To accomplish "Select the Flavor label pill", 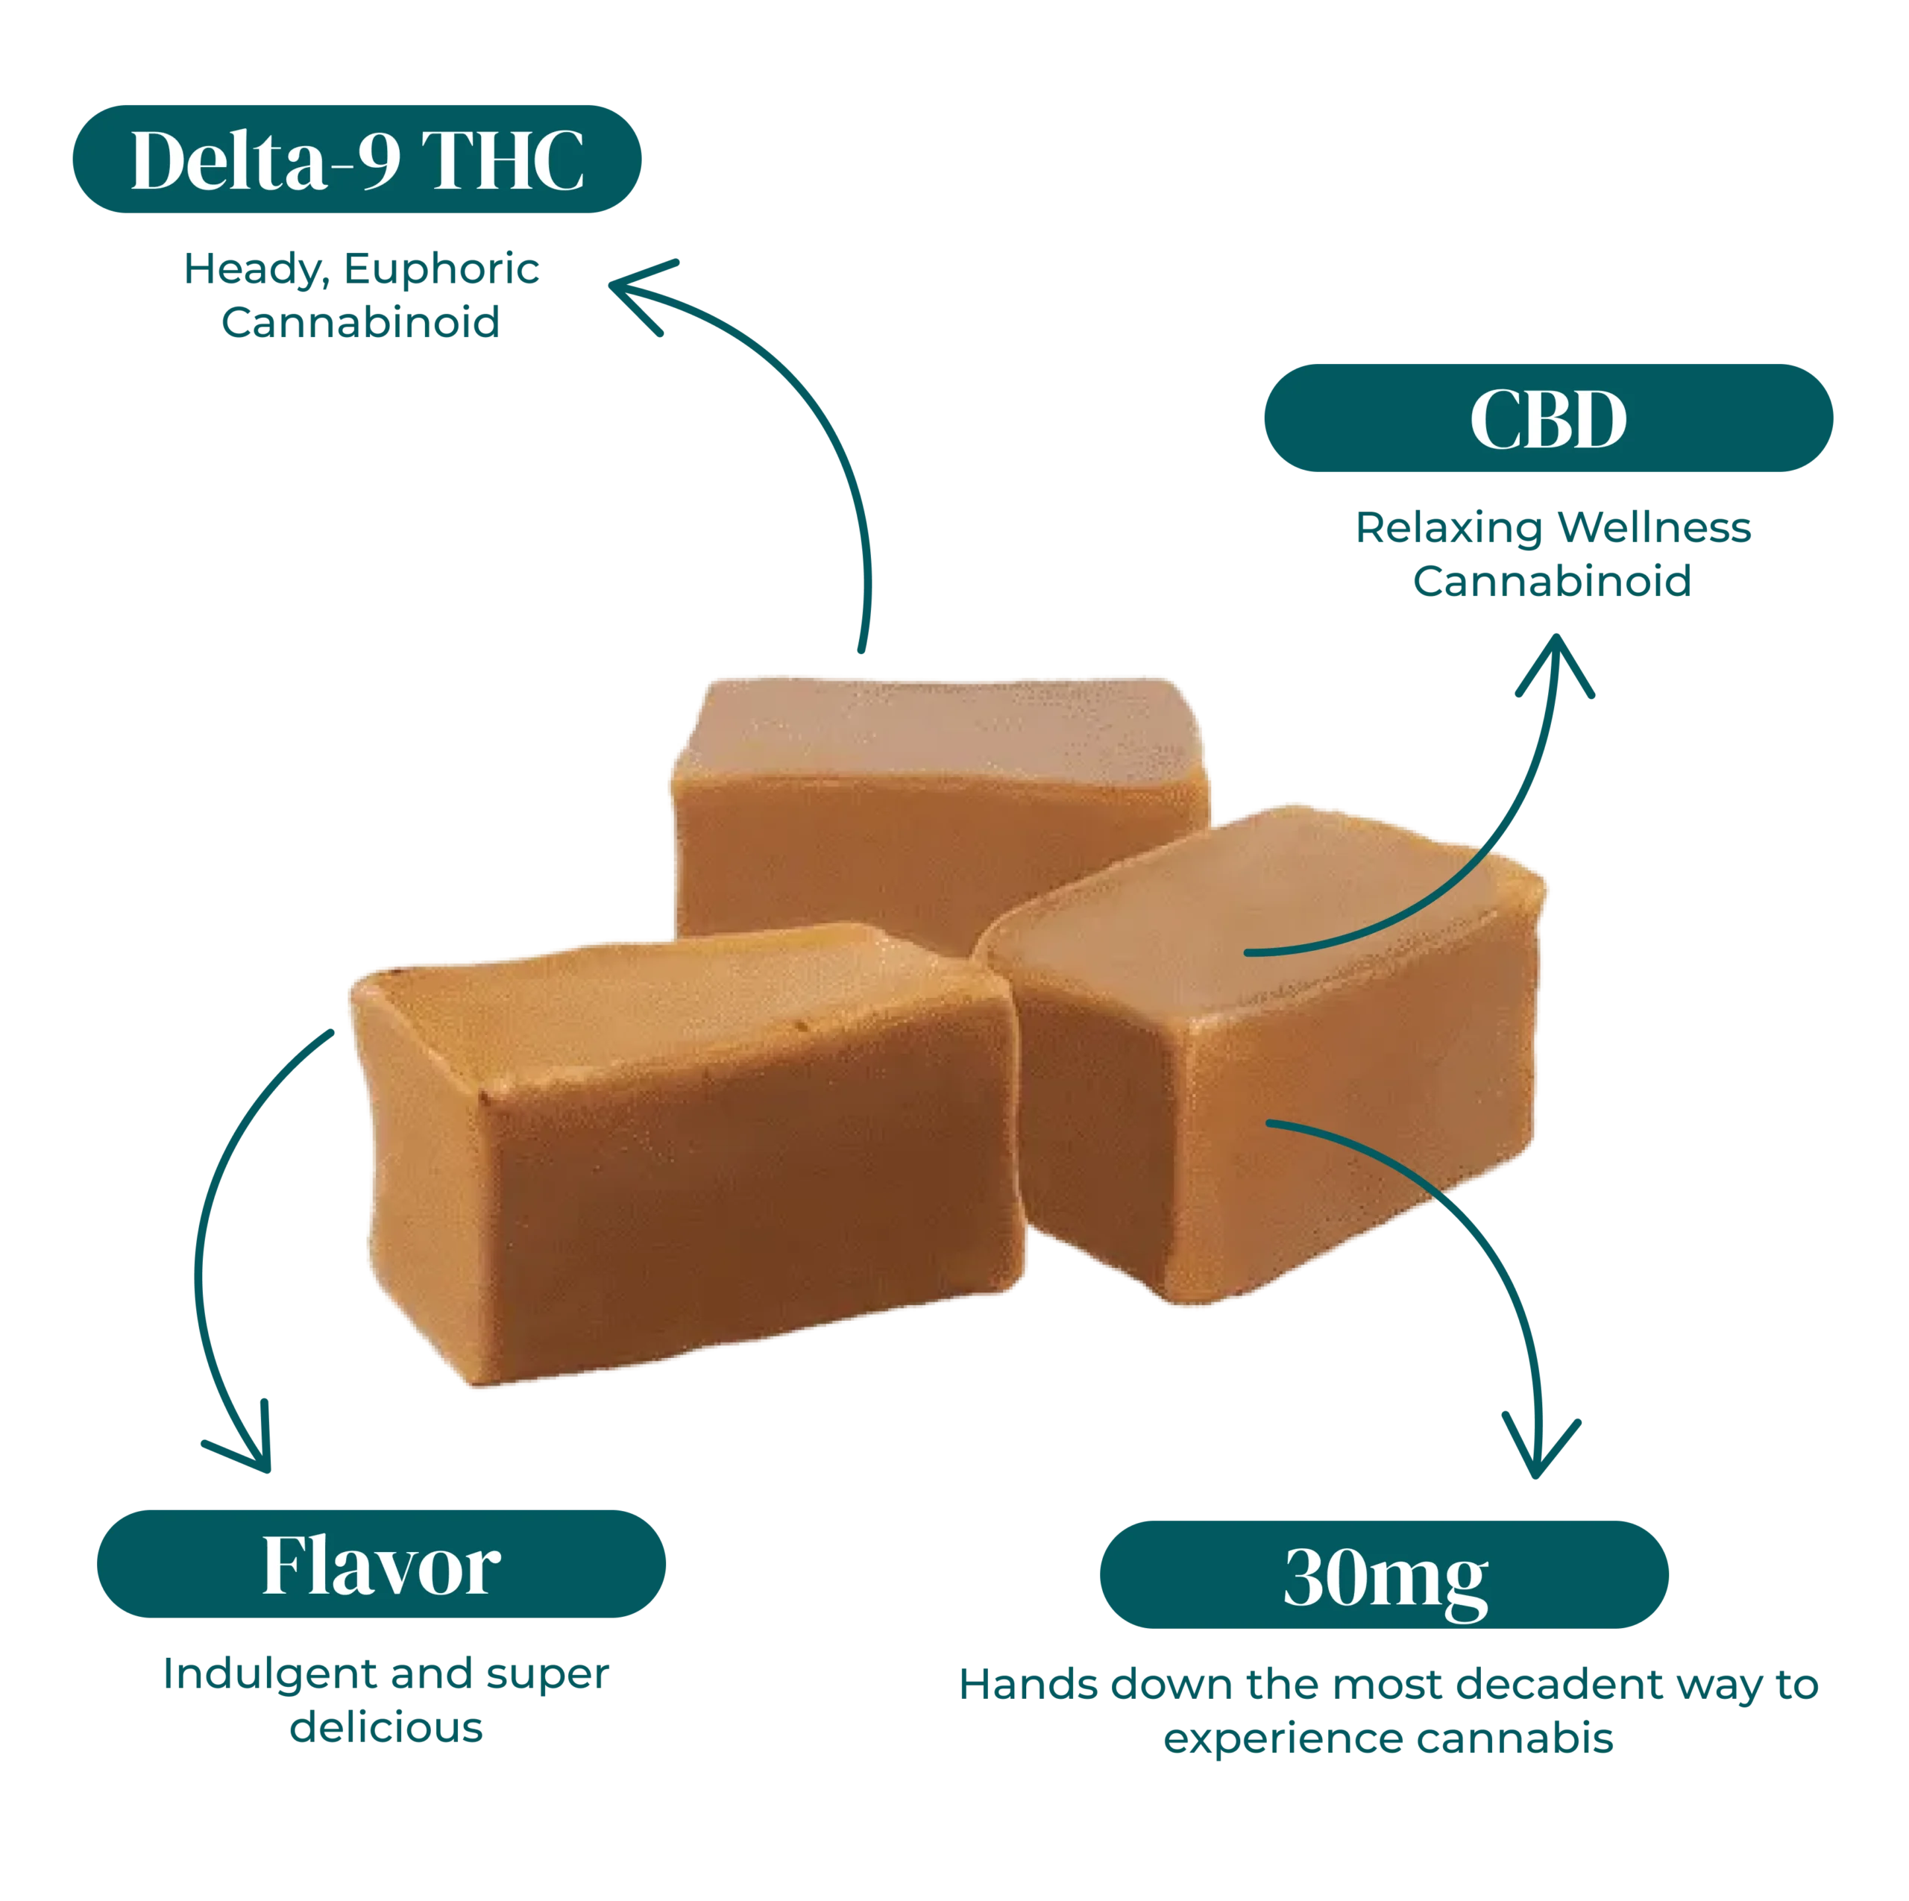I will click(x=381, y=1566).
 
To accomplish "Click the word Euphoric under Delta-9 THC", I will click(x=443, y=270).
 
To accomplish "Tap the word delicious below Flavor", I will click(x=386, y=1728).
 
